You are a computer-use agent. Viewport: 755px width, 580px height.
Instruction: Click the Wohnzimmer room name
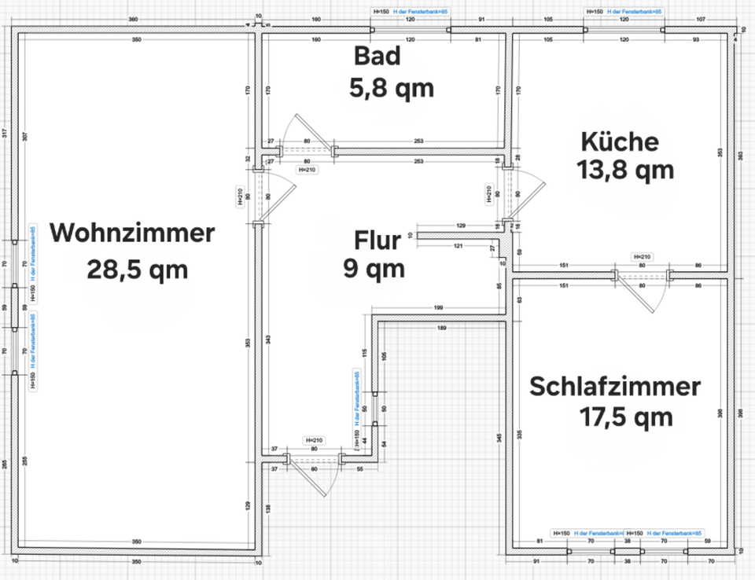[132, 233]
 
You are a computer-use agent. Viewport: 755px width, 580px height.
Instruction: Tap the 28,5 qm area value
[138, 270]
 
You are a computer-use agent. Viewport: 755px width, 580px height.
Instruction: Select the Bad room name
[377, 57]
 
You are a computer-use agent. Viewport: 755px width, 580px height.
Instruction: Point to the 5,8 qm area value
[391, 89]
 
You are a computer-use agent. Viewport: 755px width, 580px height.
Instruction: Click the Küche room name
[619, 141]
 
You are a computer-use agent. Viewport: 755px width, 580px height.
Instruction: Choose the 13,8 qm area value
[625, 170]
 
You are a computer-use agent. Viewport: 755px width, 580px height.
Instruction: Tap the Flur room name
[377, 240]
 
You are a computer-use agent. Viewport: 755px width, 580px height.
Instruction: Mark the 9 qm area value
[374, 269]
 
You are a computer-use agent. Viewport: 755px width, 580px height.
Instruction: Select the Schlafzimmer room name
[614, 387]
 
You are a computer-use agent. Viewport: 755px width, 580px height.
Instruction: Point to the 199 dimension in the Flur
[438, 307]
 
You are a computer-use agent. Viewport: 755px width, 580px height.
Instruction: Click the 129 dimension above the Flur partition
[461, 226]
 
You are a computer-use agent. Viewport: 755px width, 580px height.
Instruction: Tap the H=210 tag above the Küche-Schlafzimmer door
[642, 257]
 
